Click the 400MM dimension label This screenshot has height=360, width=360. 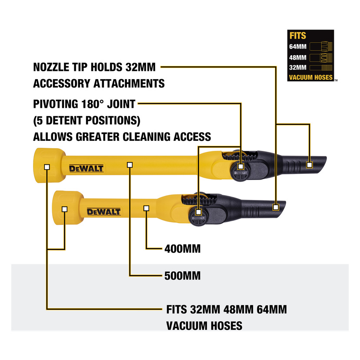pyautogui.click(x=183, y=249)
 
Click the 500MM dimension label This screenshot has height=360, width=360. pyautogui.click(x=183, y=276)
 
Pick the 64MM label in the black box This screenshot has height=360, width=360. pyautogui.click(x=298, y=47)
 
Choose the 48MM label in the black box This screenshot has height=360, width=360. pyautogui.click(x=298, y=57)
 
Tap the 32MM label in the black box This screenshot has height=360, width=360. pyautogui.click(x=298, y=67)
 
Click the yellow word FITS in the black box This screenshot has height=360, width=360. pyautogui.click(x=298, y=36)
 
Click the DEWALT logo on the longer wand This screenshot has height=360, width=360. pyautogui.click(x=87, y=169)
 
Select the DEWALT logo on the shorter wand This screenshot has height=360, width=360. pyautogui.click(x=104, y=212)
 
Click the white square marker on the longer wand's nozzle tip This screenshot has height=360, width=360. pyautogui.click(x=310, y=165)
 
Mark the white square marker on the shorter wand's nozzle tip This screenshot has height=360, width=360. pyautogui.click(x=276, y=207)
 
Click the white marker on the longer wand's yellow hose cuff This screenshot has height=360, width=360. pyautogui.click(x=47, y=167)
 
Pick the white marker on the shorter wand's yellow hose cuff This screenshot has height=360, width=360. pyautogui.click(x=64, y=209)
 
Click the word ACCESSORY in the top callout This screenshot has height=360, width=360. pyautogui.click(x=62, y=83)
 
